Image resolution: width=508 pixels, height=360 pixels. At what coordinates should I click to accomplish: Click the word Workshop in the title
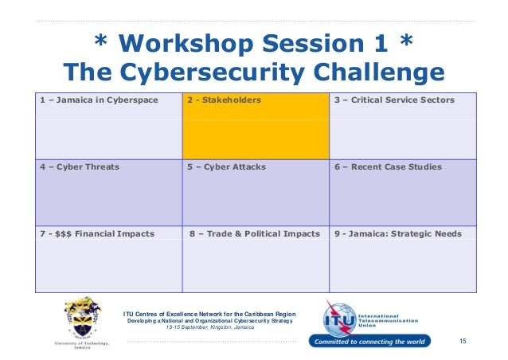186,44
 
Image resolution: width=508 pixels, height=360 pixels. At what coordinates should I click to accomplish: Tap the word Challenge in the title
379,72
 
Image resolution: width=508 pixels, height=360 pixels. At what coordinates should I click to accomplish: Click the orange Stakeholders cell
256,126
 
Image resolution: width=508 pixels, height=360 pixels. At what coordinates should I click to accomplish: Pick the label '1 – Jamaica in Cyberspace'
99,100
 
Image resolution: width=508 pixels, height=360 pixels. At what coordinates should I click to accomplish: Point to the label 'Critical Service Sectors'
403,100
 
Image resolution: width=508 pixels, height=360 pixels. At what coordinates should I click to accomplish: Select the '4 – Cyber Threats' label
80,167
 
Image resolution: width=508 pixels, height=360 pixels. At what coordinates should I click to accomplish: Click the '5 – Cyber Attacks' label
226,167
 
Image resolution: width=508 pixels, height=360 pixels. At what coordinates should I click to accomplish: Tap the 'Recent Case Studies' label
397,167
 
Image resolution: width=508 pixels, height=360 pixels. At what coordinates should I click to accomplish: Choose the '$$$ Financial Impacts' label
104,233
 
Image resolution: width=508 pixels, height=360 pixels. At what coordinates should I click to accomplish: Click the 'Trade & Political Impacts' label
264,233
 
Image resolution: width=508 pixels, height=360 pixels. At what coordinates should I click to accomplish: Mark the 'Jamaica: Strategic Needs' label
405,233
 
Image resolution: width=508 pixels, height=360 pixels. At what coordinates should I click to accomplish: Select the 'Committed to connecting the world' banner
369,341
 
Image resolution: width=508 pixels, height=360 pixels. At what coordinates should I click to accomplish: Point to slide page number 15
463,341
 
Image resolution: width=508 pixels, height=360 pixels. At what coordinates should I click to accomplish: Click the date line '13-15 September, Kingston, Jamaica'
210,327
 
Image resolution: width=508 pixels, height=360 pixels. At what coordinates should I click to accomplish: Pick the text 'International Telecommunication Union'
388,321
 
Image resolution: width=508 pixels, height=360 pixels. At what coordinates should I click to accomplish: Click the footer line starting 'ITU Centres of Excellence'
209,314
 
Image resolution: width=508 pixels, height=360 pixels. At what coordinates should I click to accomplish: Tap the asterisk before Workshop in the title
100,40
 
